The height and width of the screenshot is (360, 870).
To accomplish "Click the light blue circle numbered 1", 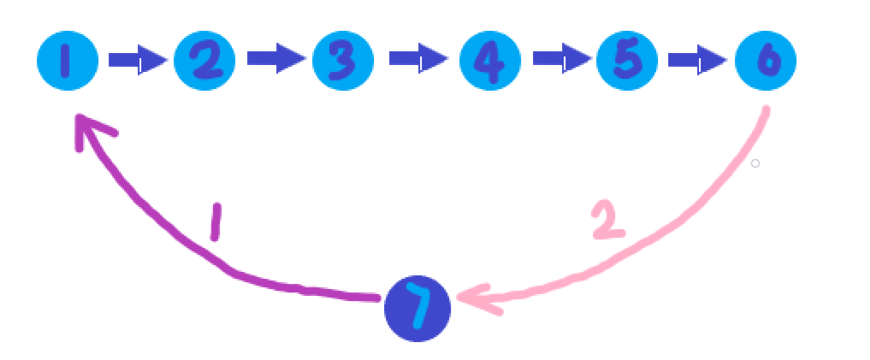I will (68, 60).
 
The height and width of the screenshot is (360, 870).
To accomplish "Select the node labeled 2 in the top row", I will (204, 60).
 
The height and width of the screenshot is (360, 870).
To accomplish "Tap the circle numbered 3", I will (343, 60).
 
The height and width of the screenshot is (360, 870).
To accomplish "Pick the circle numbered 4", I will (490, 60).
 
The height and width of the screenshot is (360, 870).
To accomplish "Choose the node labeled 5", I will (627, 60).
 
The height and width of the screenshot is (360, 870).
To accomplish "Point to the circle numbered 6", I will (766, 60).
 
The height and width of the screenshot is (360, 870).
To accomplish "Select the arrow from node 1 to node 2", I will (136, 61).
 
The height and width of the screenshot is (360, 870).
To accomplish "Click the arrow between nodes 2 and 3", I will (275, 59).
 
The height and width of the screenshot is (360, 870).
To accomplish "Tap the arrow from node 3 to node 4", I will (417, 60).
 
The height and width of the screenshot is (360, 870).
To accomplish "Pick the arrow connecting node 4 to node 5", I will (560, 60).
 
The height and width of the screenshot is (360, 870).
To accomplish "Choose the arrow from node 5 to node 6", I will (696, 60).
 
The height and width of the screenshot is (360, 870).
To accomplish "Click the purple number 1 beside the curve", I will (216, 222).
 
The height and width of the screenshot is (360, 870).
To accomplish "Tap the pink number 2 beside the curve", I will (608, 221).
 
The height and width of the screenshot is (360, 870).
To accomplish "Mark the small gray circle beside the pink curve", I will (755, 162).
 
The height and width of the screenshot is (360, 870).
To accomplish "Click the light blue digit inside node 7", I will (417, 305).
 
